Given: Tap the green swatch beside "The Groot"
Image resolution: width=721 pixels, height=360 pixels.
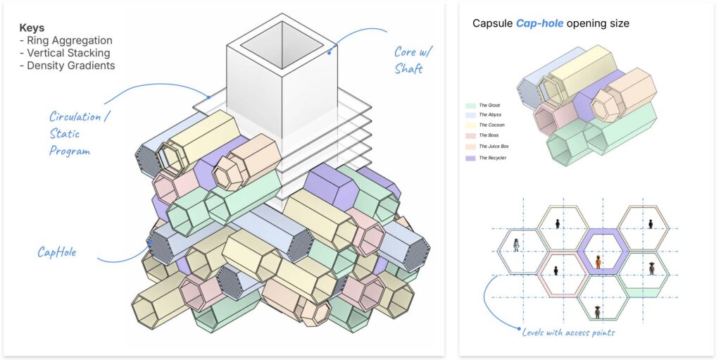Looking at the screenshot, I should (x=470, y=105).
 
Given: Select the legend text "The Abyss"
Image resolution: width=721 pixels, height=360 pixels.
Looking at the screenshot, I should (x=491, y=115).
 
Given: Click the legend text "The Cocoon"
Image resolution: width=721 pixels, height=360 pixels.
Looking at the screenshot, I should (x=492, y=125).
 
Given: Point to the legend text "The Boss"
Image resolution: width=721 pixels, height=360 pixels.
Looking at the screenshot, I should (x=490, y=135).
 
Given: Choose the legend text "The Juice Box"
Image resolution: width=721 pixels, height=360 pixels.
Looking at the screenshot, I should (x=495, y=147).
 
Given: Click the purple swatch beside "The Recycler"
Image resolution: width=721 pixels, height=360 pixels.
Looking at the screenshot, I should (x=470, y=158).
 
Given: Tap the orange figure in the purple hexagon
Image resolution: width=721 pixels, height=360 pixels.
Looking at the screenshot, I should (x=598, y=262).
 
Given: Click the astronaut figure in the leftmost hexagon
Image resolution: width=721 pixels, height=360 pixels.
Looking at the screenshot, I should (x=516, y=245).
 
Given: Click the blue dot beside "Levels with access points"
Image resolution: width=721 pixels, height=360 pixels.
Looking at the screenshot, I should (x=519, y=329).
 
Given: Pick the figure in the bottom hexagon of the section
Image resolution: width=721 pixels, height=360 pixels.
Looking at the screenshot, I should (x=597, y=311).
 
